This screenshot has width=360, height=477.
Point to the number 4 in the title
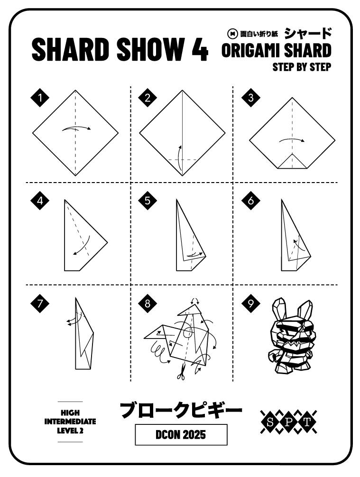click(200, 50)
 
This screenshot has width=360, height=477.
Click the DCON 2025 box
click(181, 434)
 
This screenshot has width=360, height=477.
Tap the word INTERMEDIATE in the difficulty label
click(70, 421)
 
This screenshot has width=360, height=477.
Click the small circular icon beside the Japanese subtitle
click(232, 33)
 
